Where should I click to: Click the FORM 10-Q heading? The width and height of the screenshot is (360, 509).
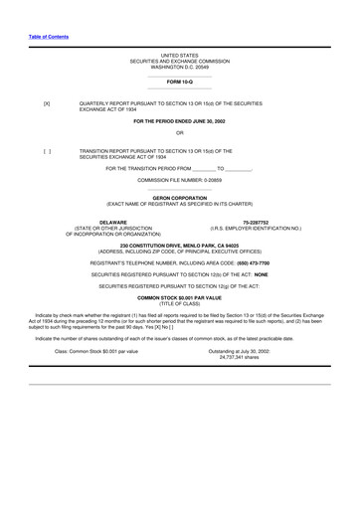(x=179, y=83)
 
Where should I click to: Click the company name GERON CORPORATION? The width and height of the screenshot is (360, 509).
(x=179, y=198)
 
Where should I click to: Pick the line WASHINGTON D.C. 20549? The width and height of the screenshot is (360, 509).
(x=179, y=67)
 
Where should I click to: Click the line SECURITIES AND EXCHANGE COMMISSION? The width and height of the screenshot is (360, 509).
(x=179, y=61)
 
